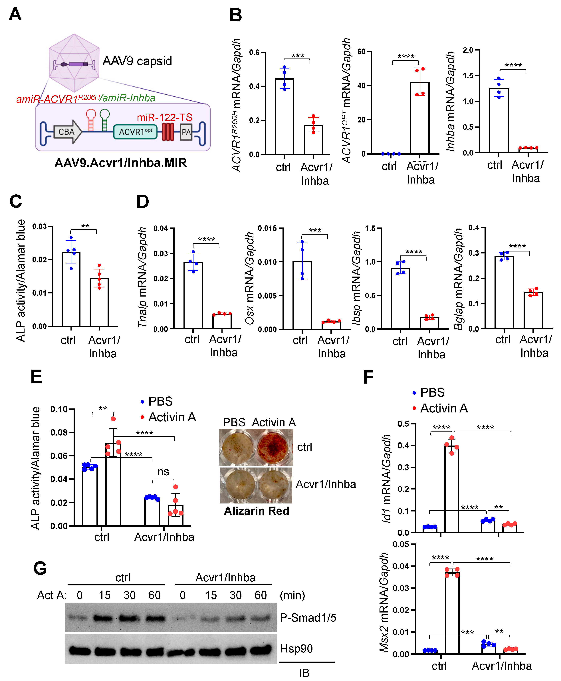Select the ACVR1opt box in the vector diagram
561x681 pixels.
135,132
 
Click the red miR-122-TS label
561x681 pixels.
164,117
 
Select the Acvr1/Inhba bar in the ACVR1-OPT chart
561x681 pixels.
420,118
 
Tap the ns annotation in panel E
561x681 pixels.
163,472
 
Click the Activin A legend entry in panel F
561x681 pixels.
443,408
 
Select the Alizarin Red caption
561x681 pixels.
256,511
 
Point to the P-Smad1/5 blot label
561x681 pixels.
308,618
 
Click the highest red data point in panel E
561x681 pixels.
113,419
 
